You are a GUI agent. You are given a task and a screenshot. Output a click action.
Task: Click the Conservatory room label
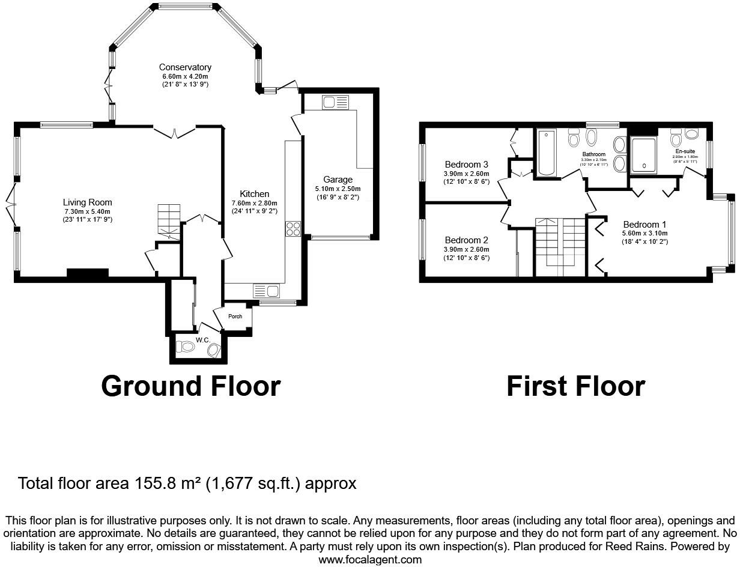[185, 67]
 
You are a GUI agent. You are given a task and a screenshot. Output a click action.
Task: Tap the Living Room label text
[88, 202]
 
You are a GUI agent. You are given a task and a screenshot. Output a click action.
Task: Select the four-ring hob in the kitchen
[293, 228]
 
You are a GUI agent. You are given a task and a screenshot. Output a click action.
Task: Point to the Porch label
[235, 317]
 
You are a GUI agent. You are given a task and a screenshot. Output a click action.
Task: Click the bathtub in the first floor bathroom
[546, 153]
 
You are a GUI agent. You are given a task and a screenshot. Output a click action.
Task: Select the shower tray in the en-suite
[643, 156]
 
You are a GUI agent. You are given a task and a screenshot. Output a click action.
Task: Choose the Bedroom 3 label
[466, 165]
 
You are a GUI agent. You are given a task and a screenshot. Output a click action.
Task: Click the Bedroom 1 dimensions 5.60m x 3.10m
[645, 234]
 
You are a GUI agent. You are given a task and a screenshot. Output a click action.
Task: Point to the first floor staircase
[560, 243]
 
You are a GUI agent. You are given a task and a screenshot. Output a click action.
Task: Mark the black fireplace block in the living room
[88, 274]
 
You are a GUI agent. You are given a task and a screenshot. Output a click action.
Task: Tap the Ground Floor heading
[190, 386]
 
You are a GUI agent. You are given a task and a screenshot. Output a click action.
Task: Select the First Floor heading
[575, 386]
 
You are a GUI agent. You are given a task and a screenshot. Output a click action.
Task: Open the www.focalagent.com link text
[369, 559]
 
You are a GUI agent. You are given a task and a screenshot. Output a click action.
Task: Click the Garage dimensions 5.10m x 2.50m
[338, 189]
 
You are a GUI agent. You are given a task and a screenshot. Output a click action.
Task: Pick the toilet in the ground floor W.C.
[187, 347]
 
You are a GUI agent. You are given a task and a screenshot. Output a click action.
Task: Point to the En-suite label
[685, 151]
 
